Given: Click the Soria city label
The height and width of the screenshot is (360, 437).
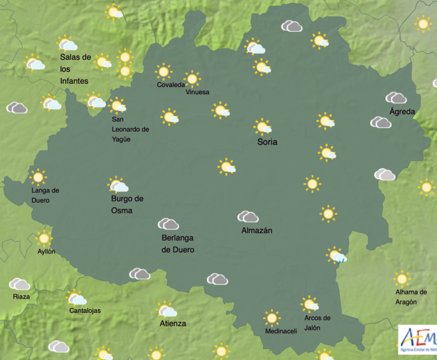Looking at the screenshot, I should (x=267, y=142).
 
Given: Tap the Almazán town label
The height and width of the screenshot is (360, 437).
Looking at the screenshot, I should (x=257, y=231).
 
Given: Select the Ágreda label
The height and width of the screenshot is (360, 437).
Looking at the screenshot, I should (x=402, y=112).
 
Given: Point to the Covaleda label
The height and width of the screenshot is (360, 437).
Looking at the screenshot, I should (x=171, y=85).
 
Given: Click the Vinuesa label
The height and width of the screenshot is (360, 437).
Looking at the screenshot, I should (x=198, y=92).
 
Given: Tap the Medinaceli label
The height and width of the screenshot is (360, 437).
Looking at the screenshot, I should (x=281, y=331).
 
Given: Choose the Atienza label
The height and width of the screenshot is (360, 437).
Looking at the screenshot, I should (x=173, y=323).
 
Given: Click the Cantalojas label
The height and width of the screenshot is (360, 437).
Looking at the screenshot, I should (x=85, y=310).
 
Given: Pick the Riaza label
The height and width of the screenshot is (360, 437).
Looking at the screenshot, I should (x=21, y=297).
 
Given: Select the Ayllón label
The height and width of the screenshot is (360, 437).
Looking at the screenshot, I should (x=46, y=252).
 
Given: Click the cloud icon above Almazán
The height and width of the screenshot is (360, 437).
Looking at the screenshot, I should (x=248, y=217).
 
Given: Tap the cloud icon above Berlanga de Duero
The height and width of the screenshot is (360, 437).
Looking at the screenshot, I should (x=168, y=224).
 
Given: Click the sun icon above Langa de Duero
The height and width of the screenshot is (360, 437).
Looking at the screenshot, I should (x=39, y=178).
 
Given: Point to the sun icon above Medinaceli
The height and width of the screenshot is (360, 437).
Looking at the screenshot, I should (x=272, y=318).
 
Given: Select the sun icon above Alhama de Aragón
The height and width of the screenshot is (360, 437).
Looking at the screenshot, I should (x=402, y=279).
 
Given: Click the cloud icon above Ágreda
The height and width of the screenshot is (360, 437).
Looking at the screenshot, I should (x=397, y=98).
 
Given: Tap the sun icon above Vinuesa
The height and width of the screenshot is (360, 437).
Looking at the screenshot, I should (x=192, y=78).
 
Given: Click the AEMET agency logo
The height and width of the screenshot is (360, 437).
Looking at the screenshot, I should (x=417, y=339).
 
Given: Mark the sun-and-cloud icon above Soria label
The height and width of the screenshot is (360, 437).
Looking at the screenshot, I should (x=263, y=127).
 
